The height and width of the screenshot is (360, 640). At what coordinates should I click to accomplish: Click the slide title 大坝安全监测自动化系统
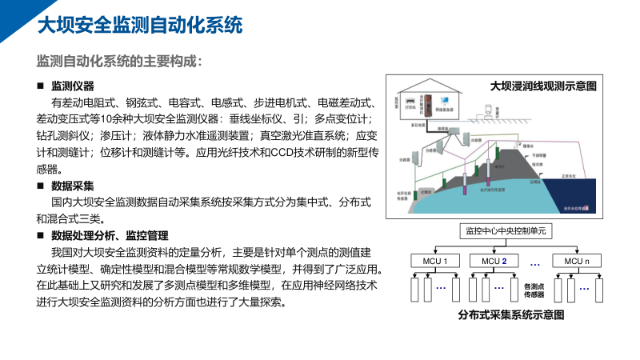click(x=140, y=25)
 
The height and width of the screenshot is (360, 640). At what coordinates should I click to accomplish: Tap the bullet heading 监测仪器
click(x=73, y=86)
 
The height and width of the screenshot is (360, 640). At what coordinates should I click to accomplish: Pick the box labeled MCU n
click(x=576, y=261)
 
